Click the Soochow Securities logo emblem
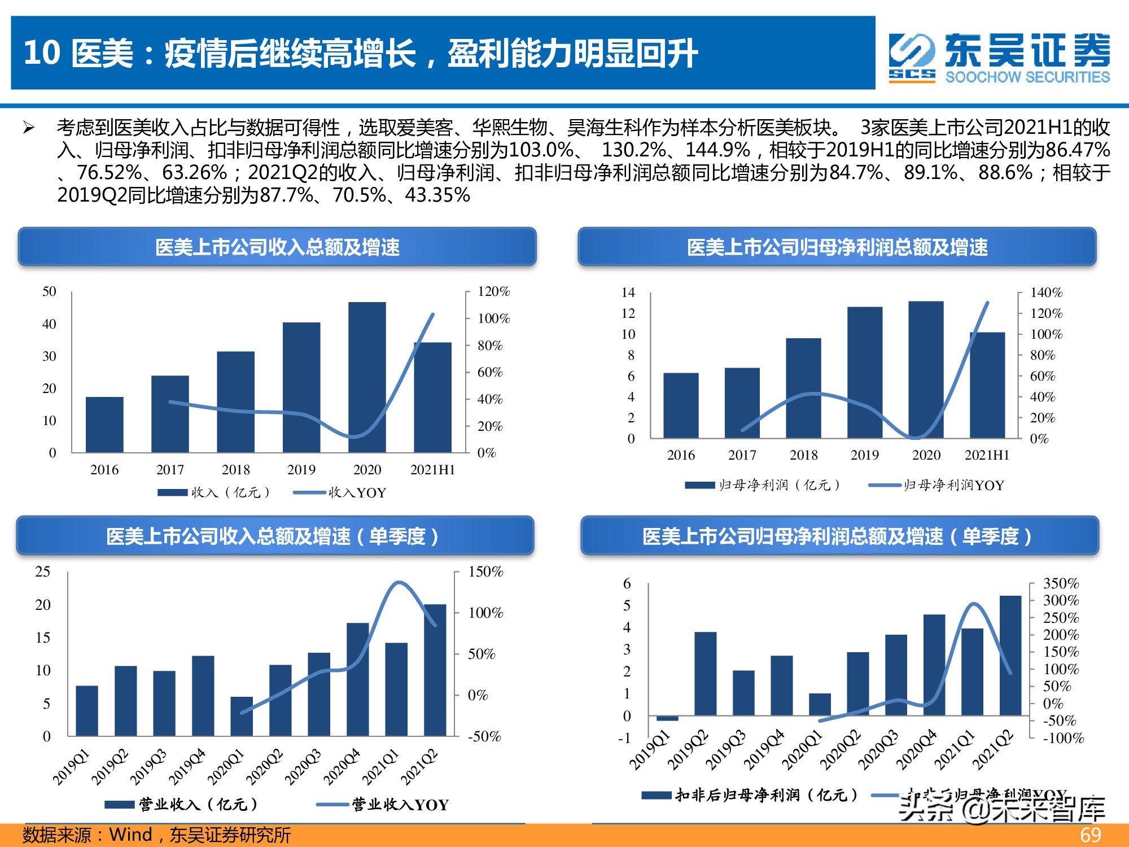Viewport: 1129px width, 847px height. (x=911, y=57)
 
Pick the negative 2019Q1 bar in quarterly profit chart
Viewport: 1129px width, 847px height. (x=667, y=718)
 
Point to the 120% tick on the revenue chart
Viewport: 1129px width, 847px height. (x=493, y=291)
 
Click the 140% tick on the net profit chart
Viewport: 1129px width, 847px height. (x=1045, y=292)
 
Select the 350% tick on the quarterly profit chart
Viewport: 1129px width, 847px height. (x=1060, y=583)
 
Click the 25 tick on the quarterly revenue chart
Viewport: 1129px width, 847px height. (x=43, y=571)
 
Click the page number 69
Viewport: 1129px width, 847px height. (x=1090, y=835)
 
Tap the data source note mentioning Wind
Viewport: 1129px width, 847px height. (x=157, y=835)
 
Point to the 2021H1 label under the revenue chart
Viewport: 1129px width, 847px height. (x=432, y=470)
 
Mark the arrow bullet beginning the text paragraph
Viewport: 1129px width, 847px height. (x=29, y=128)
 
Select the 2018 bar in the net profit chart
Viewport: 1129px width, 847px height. (x=803, y=388)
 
